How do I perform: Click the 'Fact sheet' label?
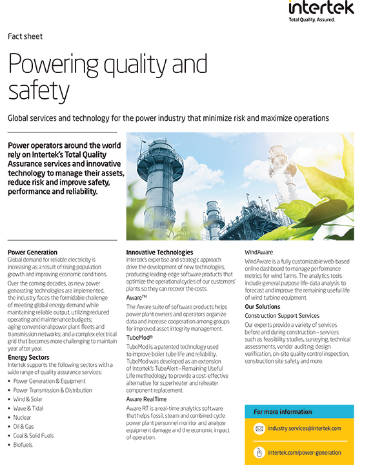(25, 36)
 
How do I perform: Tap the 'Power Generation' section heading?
(32, 252)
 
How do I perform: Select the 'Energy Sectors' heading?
(30, 357)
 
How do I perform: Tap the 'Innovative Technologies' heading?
(159, 252)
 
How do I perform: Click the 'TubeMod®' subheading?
(139, 337)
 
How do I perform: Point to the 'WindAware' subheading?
(259, 252)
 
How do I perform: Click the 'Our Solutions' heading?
(263, 306)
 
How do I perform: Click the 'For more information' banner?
(282, 411)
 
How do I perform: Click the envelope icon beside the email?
(259, 428)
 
